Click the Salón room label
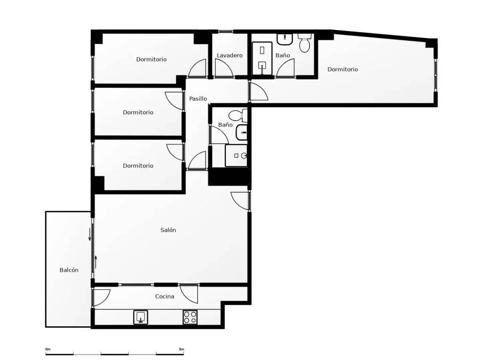coord(168,230)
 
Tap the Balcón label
coord(69,270)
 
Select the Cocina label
coord(165,296)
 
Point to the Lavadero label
coord(230,55)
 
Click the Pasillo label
coord(198,98)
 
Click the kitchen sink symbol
coord(141,317)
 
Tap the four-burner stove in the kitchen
coord(190,317)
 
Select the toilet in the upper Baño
coord(305,43)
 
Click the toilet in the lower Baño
coord(238,115)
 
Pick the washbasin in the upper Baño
coord(285,38)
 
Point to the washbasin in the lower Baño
coord(241,132)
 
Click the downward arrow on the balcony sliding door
coord(90,234)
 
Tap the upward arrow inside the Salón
coord(96,262)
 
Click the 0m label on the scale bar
coord(48,349)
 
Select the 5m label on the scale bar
coord(181,349)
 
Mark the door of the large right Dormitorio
coord(259,91)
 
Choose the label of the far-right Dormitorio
coord(343,69)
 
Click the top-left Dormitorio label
coord(151,60)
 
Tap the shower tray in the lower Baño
coord(236,156)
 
